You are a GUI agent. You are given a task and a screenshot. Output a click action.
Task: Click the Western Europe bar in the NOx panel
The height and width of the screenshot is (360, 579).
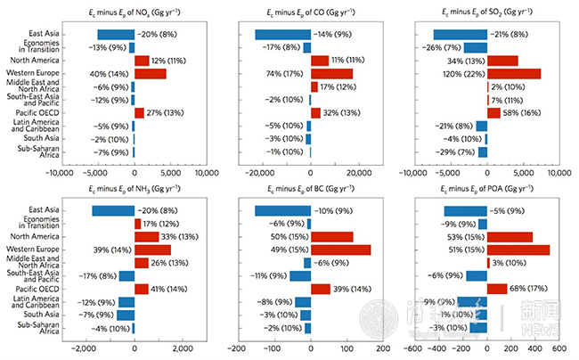tap(150, 73)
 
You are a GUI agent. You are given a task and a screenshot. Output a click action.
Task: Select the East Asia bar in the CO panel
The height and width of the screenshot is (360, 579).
tap(282, 35)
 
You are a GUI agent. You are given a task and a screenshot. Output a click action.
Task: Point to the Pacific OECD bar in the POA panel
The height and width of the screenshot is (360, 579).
tap(495, 289)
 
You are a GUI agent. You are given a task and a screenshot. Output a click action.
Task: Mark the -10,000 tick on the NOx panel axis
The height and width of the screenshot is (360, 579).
tap(59, 173)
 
